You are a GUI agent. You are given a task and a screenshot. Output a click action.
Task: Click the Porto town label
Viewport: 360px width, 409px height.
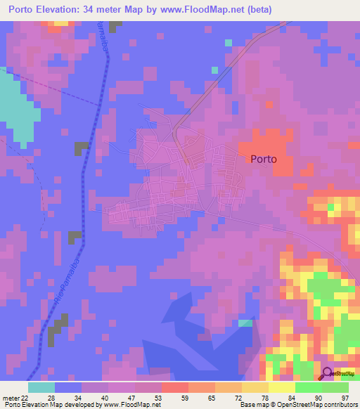[x=264, y=159]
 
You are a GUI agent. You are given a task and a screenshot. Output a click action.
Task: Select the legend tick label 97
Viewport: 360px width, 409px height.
[x=345, y=398]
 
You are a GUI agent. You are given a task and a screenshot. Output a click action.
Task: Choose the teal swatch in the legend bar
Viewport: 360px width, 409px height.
[x=41, y=387]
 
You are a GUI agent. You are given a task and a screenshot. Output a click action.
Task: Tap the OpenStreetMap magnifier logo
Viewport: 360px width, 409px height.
[x=327, y=373]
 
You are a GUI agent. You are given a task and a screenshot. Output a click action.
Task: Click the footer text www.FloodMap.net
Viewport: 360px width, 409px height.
[x=131, y=405]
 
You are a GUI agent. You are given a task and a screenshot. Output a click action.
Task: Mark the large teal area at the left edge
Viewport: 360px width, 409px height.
[x=15, y=105]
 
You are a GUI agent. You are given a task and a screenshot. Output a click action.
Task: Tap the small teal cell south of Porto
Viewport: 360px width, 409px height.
[x=244, y=323]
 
